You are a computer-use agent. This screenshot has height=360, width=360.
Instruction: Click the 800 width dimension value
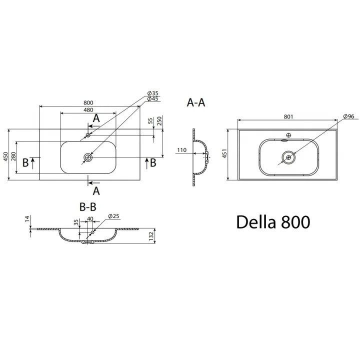88,102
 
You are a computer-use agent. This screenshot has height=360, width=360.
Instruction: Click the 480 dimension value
88,110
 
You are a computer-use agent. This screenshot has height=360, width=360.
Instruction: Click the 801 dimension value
287,116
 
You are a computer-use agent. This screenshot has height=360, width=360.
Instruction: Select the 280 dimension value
13,157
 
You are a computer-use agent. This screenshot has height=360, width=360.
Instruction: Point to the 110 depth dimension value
181,150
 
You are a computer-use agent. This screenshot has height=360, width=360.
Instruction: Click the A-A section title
195,102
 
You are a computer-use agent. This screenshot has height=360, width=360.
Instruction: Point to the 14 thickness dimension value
27,218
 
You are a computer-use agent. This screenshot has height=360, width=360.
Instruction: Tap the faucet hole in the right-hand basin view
288,135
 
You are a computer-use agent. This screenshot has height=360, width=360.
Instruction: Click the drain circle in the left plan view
88,157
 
